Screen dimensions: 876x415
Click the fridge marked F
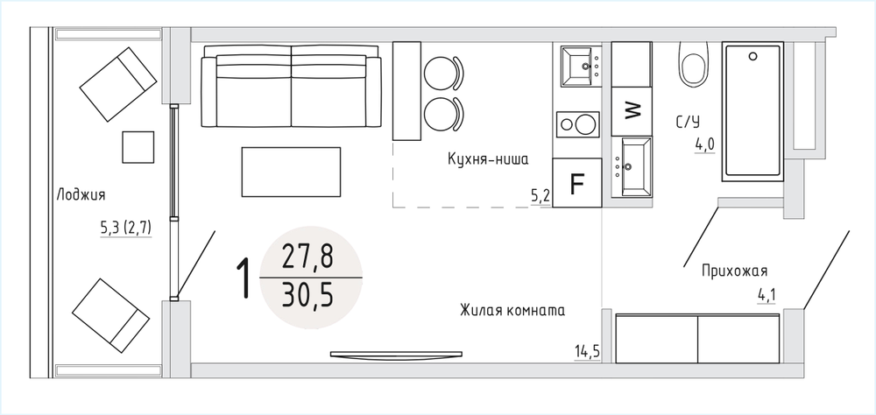pos(577,183)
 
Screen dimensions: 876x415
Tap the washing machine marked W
pos(632,112)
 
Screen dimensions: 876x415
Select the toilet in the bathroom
pos(694,64)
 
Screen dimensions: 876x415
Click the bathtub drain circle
pos(753,56)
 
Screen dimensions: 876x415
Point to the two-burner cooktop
pos(577,124)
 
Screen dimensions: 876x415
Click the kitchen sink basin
pos(581,67)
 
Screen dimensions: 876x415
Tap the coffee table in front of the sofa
pos(291,172)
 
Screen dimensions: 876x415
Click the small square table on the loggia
pos(138,147)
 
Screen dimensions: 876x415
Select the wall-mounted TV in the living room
pos(397,354)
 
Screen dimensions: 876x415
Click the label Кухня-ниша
pos(488,159)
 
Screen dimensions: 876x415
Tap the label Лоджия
pos(81,195)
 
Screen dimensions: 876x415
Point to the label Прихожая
pos(735,271)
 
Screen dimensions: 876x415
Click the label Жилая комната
pos(512,311)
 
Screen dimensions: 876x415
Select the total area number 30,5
pos(307,296)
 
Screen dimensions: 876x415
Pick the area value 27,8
pos(307,257)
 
